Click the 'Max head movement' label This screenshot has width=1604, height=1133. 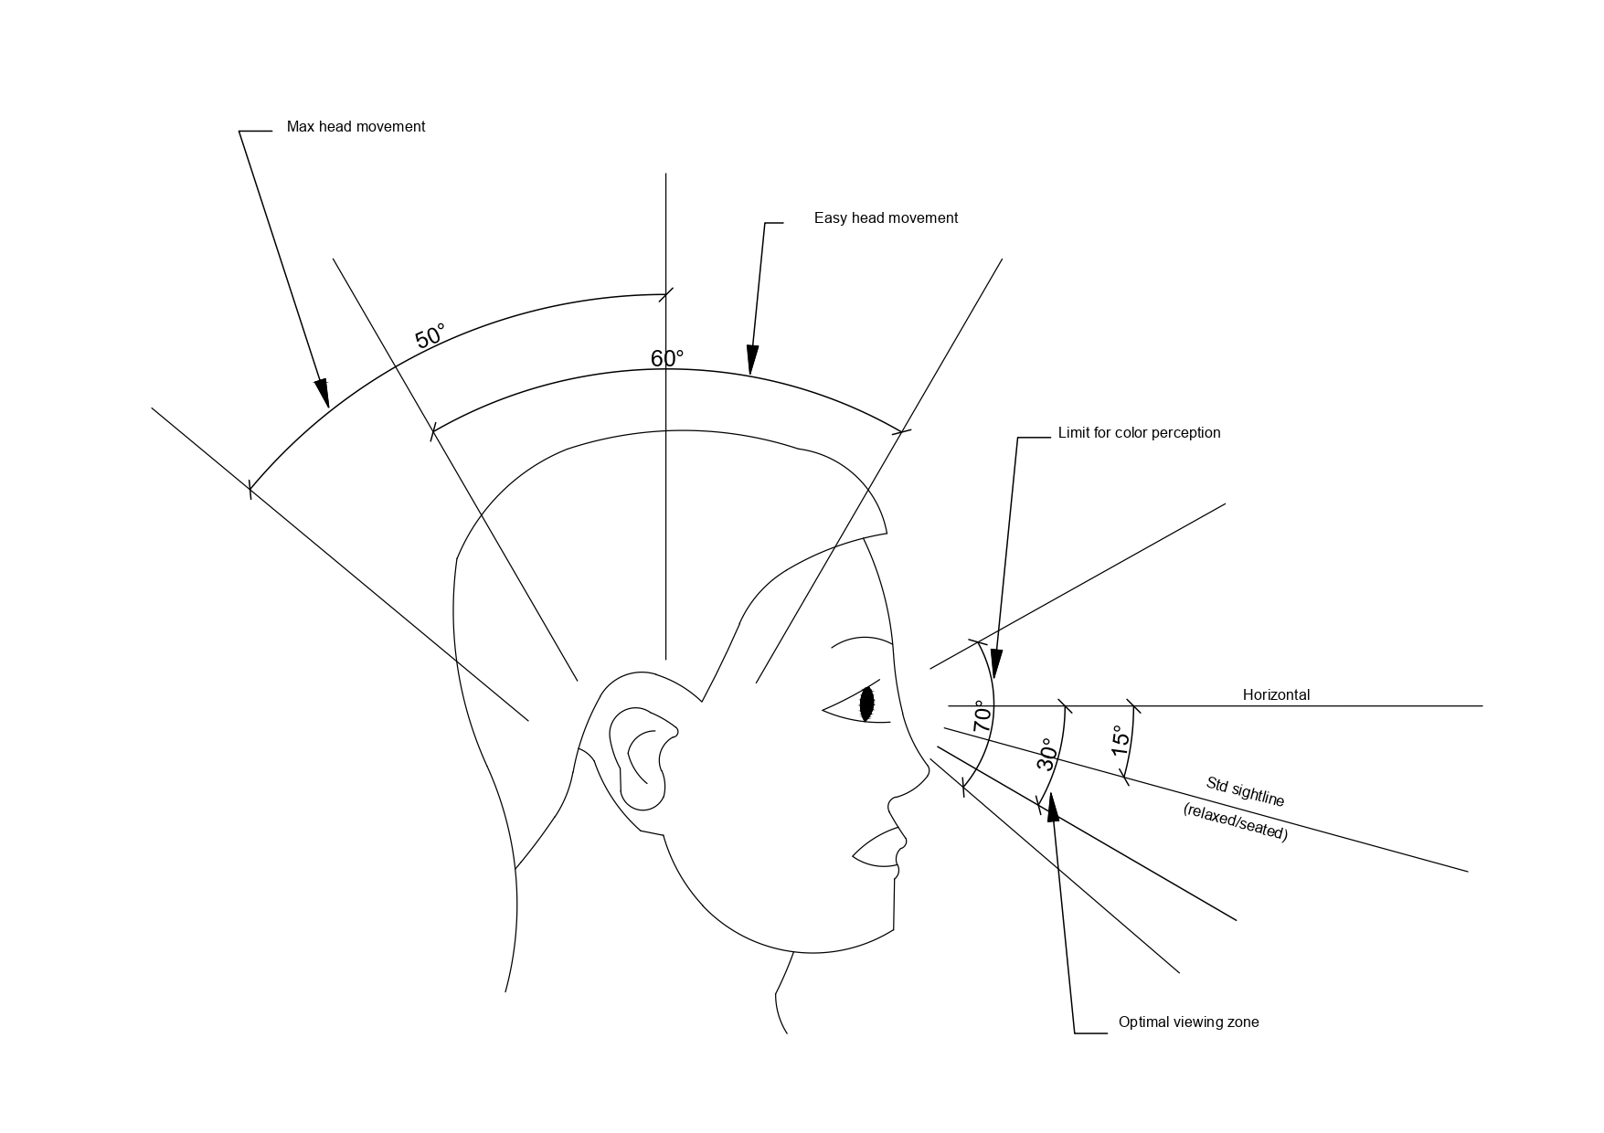click(x=356, y=127)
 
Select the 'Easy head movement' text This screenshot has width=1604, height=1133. click(x=886, y=218)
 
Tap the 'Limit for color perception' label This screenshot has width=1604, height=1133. click(x=1139, y=433)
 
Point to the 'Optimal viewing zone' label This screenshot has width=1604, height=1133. click(x=1188, y=1022)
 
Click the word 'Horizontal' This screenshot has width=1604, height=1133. click(x=1276, y=695)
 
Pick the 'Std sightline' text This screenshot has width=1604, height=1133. click(x=1245, y=792)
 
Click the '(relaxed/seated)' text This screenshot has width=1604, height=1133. click(x=1235, y=822)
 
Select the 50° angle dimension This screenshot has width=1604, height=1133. click(x=430, y=335)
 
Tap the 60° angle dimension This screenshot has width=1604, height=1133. click(x=667, y=358)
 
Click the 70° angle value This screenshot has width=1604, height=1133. click(x=983, y=716)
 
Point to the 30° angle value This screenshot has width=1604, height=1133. click(x=1047, y=755)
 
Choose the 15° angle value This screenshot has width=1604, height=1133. click(x=1121, y=740)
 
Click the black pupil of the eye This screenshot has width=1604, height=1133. click(x=867, y=703)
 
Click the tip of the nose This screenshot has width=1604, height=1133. click(x=926, y=772)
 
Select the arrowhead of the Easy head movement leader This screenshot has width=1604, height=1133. click(x=752, y=360)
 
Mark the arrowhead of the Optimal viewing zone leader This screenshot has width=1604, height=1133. click(x=1053, y=807)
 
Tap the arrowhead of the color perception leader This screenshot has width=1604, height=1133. click(x=996, y=664)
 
